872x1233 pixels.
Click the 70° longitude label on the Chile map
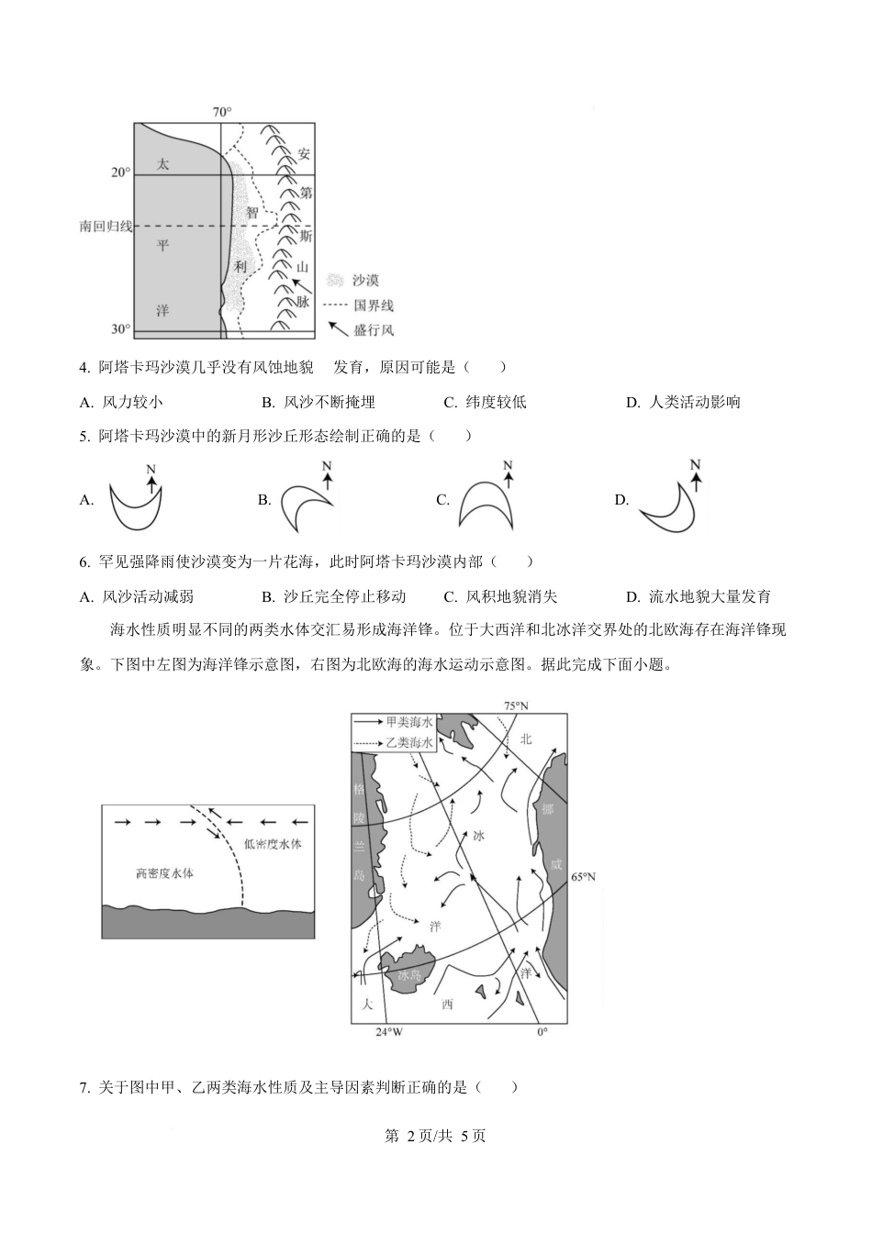point(222,112)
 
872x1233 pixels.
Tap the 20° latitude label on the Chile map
point(121,172)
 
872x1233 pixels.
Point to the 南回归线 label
point(106,226)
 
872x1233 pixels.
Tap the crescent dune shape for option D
point(667,508)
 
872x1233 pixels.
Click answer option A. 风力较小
point(121,402)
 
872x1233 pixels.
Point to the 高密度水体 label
point(164,873)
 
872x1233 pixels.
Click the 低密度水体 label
point(273,844)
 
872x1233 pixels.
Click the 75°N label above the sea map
point(516,705)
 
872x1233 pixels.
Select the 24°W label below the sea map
point(389,1032)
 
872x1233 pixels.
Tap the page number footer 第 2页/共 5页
point(435,1136)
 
